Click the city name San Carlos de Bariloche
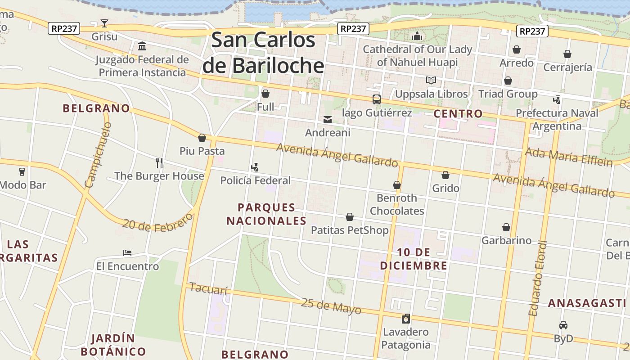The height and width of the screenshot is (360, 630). pyautogui.click(x=263, y=53)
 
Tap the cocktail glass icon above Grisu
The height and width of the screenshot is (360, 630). pyautogui.click(x=104, y=23)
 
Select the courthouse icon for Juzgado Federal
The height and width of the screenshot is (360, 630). pyautogui.click(x=142, y=46)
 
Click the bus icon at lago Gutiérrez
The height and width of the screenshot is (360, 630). pyautogui.click(x=377, y=99)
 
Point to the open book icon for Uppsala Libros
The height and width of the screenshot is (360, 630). pyautogui.click(x=431, y=81)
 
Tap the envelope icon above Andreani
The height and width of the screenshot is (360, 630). pyautogui.click(x=327, y=120)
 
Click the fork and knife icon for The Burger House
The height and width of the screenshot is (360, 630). pyautogui.click(x=159, y=162)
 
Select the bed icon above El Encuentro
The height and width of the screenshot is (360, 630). pyautogui.click(x=127, y=253)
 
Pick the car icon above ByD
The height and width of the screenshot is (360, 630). pyautogui.click(x=563, y=325)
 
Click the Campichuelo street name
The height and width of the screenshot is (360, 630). pyautogui.click(x=97, y=155)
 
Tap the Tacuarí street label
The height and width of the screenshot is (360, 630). pyautogui.click(x=208, y=288)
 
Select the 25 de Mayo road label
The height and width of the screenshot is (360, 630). pyautogui.click(x=331, y=306)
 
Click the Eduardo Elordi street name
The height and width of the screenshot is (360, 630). pyautogui.click(x=538, y=279)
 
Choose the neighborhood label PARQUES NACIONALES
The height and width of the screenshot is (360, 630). pyautogui.click(x=266, y=214)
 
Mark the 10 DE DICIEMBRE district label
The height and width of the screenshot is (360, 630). pyautogui.click(x=414, y=259)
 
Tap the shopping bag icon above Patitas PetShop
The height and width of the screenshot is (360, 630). pyautogui.click(x=350, y=217)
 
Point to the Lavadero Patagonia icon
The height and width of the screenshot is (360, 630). pyautogui.click(x=406, y=319)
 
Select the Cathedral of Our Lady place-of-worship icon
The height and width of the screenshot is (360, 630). pyautogui.click(x=417, y=36)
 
